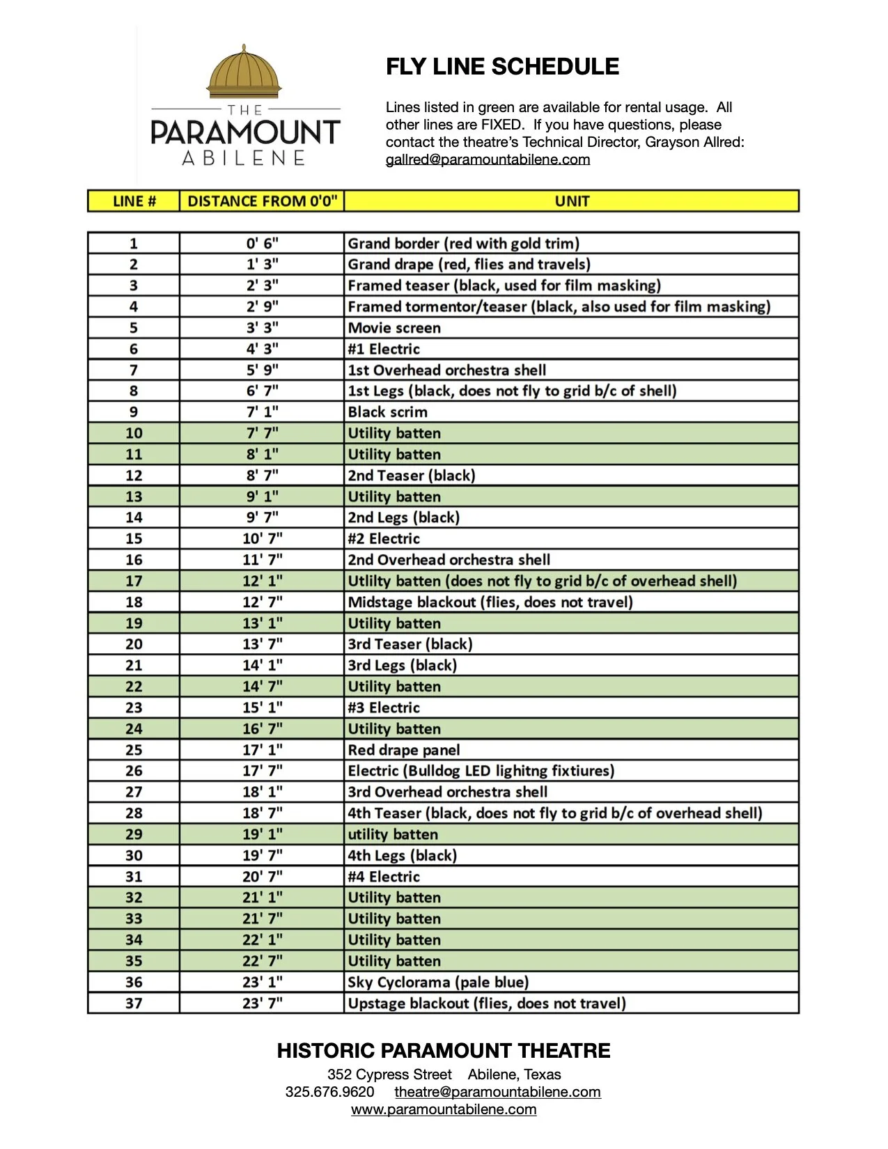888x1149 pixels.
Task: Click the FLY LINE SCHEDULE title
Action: (x=502, y=67)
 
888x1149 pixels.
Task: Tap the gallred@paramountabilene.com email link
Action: (x=488, y=159)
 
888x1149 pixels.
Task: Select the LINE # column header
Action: (x=134, y=201)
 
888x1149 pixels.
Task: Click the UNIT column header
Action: (x=572, y=201)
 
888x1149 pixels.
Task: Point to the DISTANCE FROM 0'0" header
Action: (x=262, y=201)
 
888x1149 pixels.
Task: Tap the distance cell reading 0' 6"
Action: (x=262, y=244)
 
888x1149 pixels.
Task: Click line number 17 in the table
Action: (x=134, y=581)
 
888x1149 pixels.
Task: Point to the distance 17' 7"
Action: (x=262, y=771)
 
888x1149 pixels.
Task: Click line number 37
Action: (x=134, y=1003)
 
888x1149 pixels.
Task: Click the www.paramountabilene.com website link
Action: (x=444, y=1109)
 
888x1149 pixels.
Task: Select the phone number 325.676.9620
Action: (x=329, y=1092)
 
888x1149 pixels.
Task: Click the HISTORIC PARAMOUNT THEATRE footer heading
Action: (x=444, y=1051)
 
